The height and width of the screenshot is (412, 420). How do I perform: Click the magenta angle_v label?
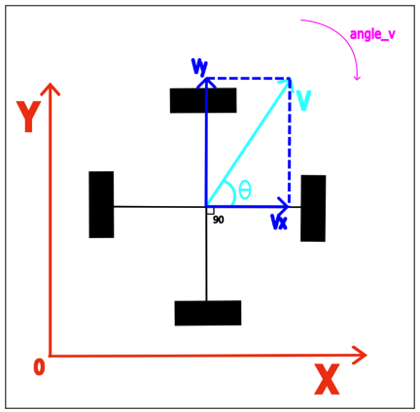pyautogui.click(x=372, y=34)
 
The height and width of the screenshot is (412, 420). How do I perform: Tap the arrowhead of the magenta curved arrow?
pyautogui.click(x=357, y=78)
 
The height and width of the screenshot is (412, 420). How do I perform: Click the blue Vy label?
pyautogui.click(x=199, y=67)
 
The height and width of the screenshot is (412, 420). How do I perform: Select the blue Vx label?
pyautogui.click(x=279, y=223)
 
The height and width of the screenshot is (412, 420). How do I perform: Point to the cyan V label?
pyautogui.click(x=302, y=100)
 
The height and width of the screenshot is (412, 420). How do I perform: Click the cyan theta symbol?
pyautogui.click(x=245, y=189)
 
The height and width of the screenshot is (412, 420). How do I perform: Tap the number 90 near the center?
pyautogui.click(x=219, y=220)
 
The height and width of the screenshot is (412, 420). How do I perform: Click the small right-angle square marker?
pyautogui.click(x=210, y=211)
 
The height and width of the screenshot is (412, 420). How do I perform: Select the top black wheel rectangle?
pyautogui.click(x=203, y=100)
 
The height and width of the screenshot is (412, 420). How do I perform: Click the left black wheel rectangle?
pyautogui.click(x=101, y=205)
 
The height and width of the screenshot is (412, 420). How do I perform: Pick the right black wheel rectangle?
pyautogui.click(x=313, y=208)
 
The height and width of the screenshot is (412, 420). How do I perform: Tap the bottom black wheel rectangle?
pyautogui.click(x=208, y=313)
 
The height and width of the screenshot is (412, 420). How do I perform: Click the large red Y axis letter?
pyautogui.click(x=28, y=117)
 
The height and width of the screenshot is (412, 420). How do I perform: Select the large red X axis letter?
pyautogui.click(x=327, y=379)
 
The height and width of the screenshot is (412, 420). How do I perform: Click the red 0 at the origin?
pyautogui.click(x=39, y=367)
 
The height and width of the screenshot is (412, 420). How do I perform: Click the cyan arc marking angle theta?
pyautogui.click(x=231, y=192)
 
